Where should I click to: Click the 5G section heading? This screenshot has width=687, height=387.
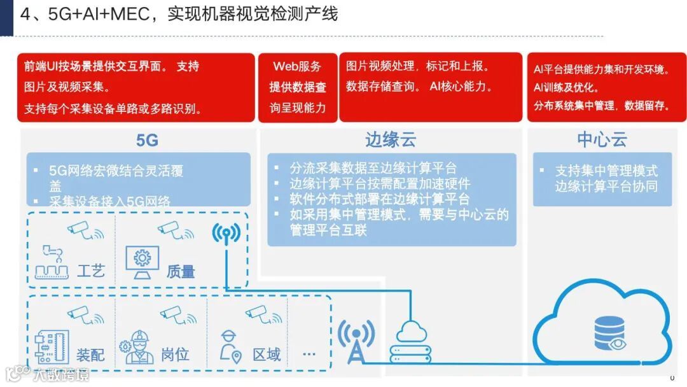147,140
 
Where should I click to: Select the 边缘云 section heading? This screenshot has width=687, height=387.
390,140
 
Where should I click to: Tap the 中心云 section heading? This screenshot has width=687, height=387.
602,140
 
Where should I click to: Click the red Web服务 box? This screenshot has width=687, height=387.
297,87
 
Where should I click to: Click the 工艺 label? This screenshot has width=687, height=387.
90,271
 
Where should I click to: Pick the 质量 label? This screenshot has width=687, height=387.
180,271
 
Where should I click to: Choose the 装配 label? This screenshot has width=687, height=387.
90,354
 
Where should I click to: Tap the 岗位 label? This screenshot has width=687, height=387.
175,354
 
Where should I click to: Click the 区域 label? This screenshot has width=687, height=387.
267,354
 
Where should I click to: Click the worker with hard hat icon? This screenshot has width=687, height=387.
139,348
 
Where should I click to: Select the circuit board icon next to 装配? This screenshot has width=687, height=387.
52,348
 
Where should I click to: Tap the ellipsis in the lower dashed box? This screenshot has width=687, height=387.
309,354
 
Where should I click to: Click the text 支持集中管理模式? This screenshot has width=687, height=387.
606,171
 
